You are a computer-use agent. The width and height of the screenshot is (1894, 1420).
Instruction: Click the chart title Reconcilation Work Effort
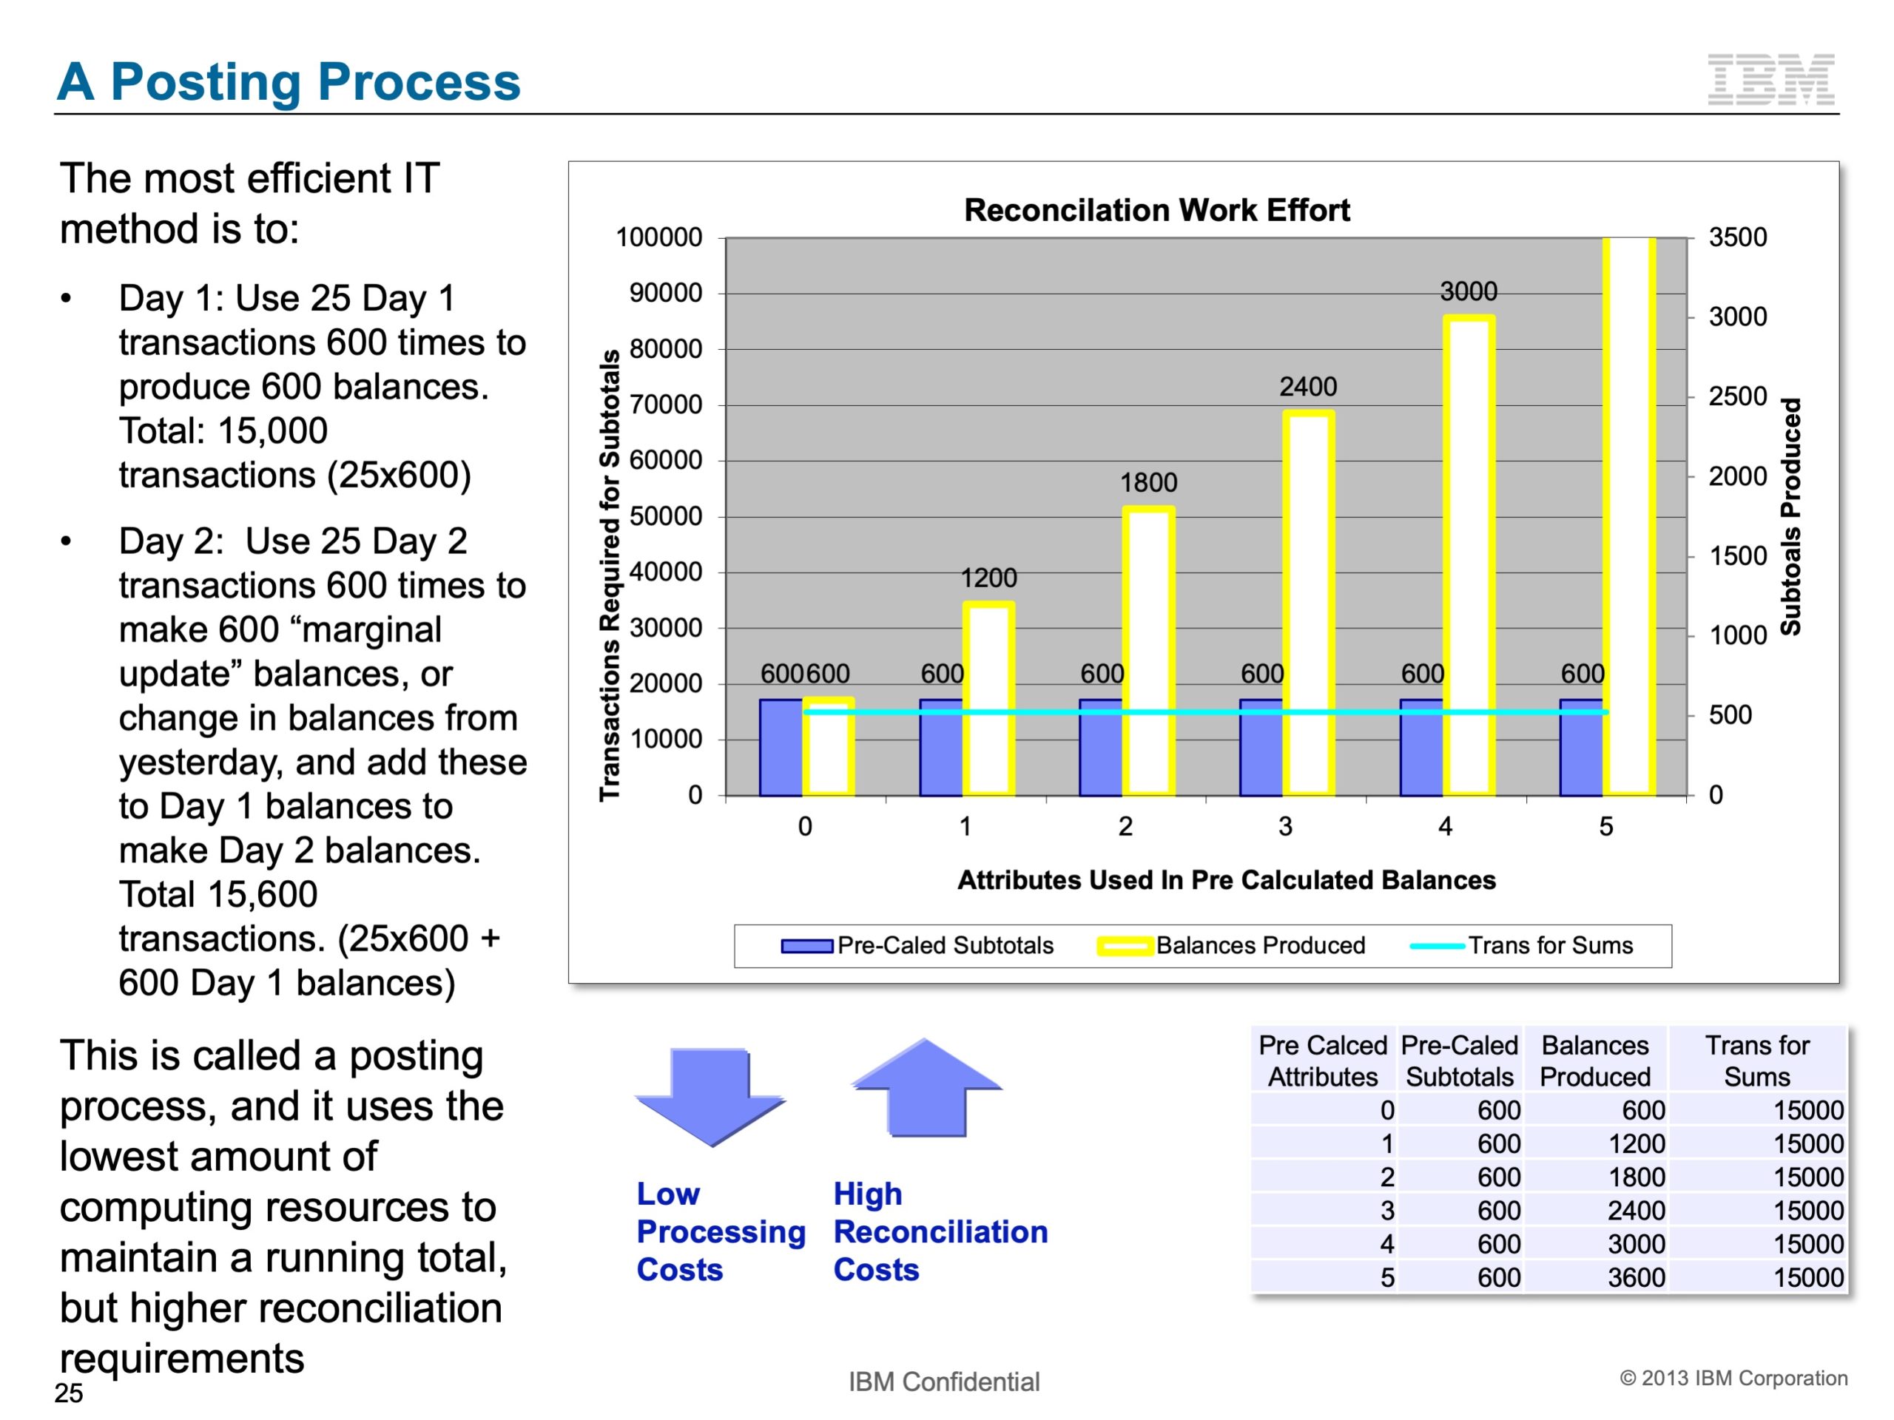pyautogui.click(x=1157, y=210)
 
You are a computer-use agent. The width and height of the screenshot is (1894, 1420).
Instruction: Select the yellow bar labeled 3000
pyautogui.click(x=1469, y=556)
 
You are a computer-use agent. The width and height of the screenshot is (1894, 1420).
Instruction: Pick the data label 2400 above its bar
pyautogui.click(x=1307, y=387)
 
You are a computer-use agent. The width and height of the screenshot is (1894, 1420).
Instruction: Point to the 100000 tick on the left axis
pyautogui.click(x=658, y=237)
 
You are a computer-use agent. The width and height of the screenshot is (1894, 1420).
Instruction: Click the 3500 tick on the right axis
pyautogui.click(x=1737, y=237)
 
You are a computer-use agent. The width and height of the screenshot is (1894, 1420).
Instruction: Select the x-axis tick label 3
pyautogui.click(x=1285, y=826)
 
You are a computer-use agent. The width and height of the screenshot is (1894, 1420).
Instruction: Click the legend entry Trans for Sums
pyautogui.click(x=1550, y=945)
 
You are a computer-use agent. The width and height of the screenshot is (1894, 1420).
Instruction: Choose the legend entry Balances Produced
pyautogui.click(x=1259, y=945)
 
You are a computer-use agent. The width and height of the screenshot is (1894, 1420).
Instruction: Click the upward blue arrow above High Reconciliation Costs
pyautogui.click(x=926, y=1087)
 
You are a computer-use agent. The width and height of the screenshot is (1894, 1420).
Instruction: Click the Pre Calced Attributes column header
pyautogui.click(x=1322, y=1061)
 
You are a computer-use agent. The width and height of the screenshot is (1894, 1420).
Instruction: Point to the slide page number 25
pyautogui.click(x=69, y=1393)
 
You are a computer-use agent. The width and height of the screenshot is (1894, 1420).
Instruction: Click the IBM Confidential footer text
pyautogui.click(x=943, y=1382)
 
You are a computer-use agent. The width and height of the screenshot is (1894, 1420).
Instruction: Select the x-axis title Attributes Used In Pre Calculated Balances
pyautogui.click(x=1226, y=880)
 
